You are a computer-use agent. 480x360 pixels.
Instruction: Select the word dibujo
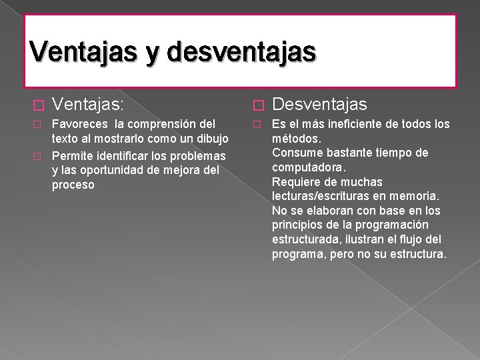pos(213,139)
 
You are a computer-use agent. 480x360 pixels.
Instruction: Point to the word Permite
pos(72,155)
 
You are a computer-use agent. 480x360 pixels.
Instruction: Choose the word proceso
pos(73,185)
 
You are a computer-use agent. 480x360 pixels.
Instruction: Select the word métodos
pos(296,139)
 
